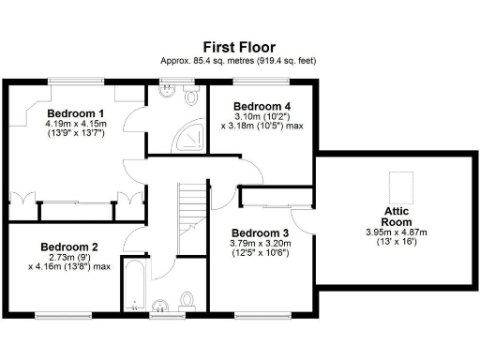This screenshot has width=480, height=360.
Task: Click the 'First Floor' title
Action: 240,46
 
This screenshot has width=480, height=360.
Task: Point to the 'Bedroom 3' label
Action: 261,232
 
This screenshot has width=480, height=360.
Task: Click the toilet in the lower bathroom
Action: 187,300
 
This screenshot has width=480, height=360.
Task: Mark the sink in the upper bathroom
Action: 168,91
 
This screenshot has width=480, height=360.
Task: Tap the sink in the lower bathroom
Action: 160,306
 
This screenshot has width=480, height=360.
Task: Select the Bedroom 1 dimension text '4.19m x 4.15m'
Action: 76,123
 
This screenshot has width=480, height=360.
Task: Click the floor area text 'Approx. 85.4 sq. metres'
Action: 214,62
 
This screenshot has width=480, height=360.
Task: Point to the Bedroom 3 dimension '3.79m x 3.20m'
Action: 262,244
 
